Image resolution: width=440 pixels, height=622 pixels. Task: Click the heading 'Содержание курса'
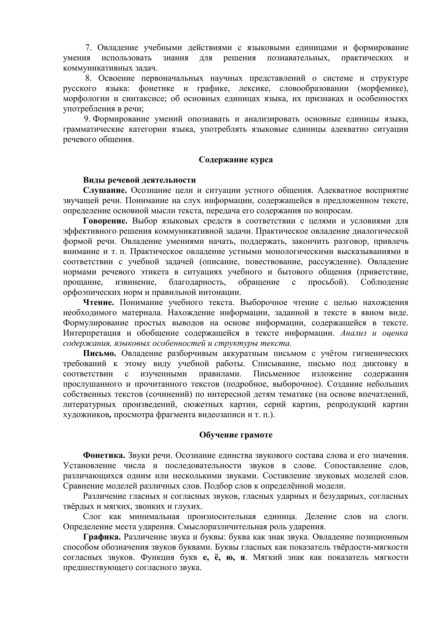pos(236,159)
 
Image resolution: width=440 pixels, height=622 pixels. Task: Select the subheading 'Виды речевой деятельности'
pos(139,180)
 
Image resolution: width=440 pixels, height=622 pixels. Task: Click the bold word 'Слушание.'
pos(105,190)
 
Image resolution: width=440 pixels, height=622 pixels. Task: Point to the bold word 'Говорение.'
pos(105,221)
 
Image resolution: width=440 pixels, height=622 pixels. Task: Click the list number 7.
pos(88,48)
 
